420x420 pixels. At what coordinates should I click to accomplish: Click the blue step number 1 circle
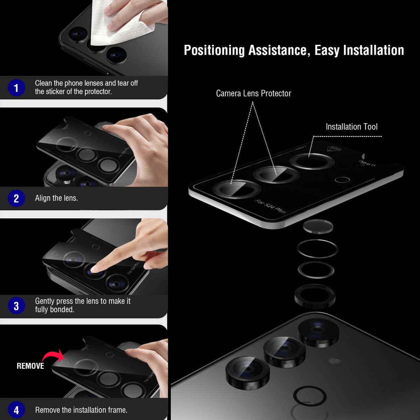point(16,87)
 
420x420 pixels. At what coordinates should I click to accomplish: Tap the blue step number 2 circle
point(16,198)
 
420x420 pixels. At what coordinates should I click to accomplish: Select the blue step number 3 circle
point(16,306)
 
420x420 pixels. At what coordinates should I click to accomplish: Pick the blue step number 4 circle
point(16,410)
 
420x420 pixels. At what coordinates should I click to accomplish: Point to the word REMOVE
point(30,366)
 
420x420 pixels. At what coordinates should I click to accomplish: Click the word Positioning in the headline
point(214,50)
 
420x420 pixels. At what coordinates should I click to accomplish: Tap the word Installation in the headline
point(373,50)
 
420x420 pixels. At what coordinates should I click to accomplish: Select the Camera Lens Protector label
point(253,93)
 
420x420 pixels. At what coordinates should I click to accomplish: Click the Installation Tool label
point(351,127)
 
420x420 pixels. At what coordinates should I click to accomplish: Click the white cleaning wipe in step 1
point(122,24)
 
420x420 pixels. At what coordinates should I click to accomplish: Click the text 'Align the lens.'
point(56,198)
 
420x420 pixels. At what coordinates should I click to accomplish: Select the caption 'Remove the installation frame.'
point(81,410)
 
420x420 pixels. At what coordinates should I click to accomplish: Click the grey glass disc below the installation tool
point(318,226)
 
